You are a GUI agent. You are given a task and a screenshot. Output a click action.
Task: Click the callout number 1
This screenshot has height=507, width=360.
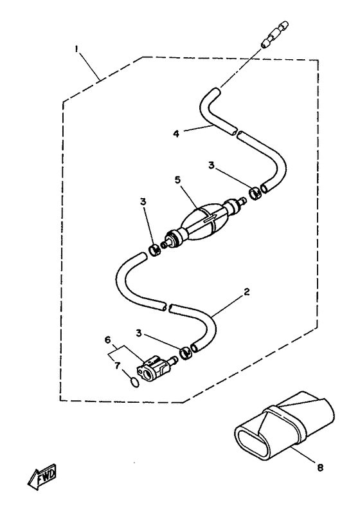click(x=76, y=49)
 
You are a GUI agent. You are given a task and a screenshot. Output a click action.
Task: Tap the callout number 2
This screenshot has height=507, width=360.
click(x=247, y=292)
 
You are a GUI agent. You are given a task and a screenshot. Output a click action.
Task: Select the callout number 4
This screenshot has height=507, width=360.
click(x=176, y=134)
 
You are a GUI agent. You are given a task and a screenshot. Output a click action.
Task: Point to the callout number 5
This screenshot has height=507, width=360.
click(x=177, y=180)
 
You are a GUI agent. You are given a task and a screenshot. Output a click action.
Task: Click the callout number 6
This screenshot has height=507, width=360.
click(x=107, y=340)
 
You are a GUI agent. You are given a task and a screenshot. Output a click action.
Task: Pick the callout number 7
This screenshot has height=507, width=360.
click(x=117, y=365)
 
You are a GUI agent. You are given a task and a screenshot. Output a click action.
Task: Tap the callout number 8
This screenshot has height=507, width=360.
click(x=320, y=468)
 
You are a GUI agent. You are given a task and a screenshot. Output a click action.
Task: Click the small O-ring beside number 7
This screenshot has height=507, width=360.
click(x=135, y=382)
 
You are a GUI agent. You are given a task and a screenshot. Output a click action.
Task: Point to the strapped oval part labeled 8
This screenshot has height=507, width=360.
click(x=283, y=425)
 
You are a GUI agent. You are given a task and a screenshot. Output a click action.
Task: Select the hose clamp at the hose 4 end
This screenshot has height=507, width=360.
click(x=256, y=194)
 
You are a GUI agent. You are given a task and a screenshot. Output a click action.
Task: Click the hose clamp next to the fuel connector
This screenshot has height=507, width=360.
click(x=186, y=353)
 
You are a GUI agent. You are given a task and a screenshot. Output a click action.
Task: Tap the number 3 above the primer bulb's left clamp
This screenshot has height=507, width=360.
click(x=143, y=201)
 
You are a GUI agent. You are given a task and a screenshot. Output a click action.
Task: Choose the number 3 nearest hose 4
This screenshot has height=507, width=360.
click(x=212, y=165)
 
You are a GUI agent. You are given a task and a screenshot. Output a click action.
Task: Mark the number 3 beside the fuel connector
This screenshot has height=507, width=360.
click(x=139, y=333)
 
